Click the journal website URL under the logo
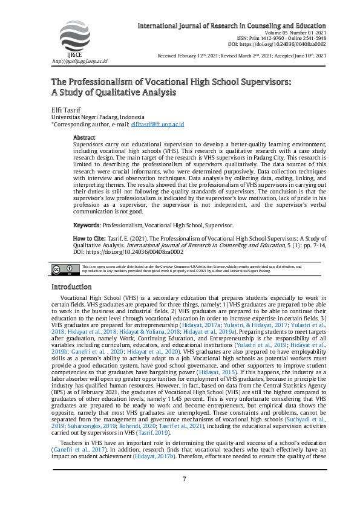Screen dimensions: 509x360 79,61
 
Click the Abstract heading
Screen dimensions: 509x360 84,138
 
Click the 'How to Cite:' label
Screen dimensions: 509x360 90,239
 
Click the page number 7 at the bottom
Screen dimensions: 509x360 184,479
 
